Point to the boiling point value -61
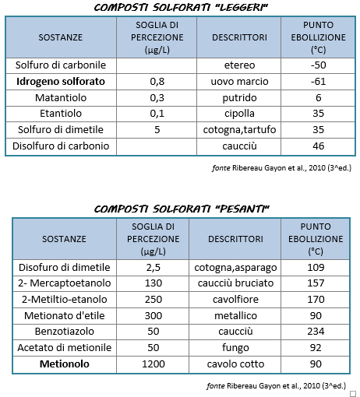[317, 81]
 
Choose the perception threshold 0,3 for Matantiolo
[157, 97]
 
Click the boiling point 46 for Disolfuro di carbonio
[317, 146]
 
